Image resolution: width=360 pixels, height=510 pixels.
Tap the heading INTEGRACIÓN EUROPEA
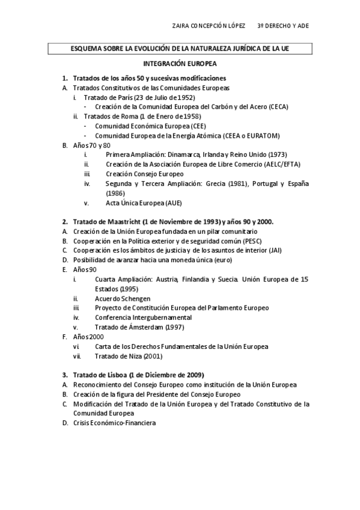[180, 63]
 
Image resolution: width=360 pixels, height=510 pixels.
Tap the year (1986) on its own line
[115, 194]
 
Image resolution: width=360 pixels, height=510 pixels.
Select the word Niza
[133, 356]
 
